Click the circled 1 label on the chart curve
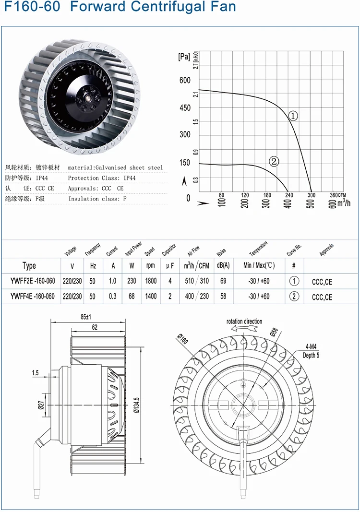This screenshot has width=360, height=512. click(x=294, y=116)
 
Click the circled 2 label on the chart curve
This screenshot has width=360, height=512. click(x=274, y=162)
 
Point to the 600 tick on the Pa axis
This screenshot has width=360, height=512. click(x=185, y=80)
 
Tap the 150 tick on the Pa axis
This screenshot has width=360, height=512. click(x=185, y=163)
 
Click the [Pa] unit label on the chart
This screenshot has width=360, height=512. click(x=184, y=57)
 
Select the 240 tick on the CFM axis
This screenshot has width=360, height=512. click(x=289, y=195)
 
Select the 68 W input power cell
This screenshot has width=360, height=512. click(x=132, y=297)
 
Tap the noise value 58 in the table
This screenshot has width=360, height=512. click(x=223, y=297)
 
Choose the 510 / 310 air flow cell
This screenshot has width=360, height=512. click(x=197, y=281)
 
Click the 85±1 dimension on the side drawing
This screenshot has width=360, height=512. click(x=86, y=317)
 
